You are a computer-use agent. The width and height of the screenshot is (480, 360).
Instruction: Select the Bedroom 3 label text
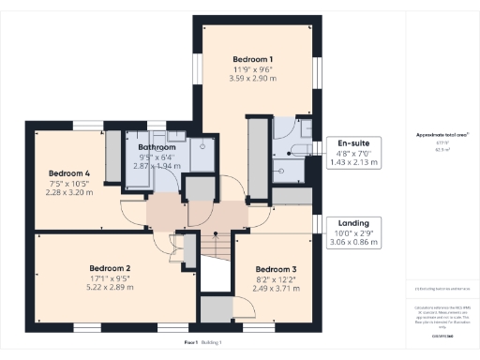tap(275, 268)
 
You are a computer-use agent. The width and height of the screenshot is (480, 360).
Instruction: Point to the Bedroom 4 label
tap(69, 173)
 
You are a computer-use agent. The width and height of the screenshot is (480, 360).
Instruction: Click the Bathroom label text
tap(157, 147)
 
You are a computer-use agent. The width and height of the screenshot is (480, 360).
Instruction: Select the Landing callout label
tap(353, 222)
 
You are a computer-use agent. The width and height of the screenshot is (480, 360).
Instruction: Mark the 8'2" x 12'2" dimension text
tap(275, 278)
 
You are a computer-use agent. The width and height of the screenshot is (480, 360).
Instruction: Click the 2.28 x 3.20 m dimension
tap(70, 192)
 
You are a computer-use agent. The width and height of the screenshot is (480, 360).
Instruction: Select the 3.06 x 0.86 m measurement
tap(353, 242)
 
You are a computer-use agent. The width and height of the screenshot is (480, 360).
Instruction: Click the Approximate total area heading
tap(442, 134)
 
